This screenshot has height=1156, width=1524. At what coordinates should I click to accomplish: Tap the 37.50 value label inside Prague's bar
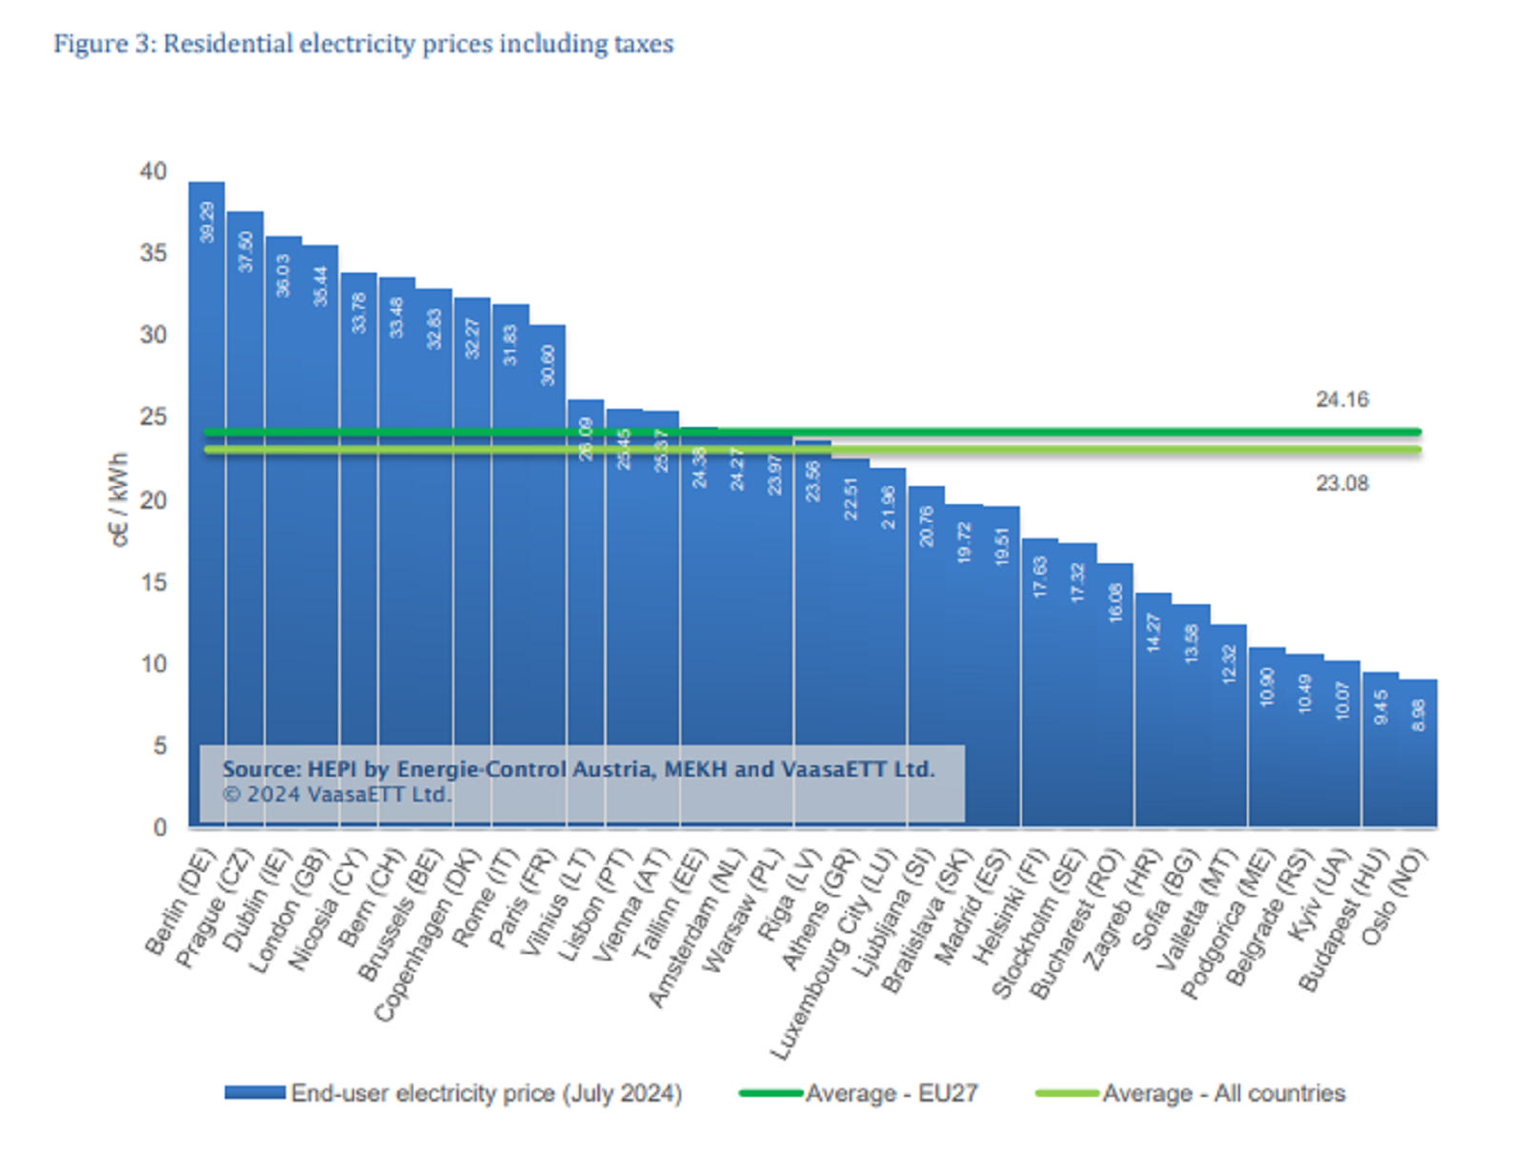247,252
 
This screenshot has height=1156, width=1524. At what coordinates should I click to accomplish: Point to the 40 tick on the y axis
153,172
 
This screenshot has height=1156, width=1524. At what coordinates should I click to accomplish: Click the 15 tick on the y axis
153,582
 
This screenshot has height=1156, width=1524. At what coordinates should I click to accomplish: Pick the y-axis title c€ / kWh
119,499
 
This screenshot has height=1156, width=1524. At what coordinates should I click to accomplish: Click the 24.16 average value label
1341,400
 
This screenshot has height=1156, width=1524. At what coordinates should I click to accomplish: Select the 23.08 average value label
1341,484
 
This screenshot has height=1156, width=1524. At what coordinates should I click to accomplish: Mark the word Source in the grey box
259,769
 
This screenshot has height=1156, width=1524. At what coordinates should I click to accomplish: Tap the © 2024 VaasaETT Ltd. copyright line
336,795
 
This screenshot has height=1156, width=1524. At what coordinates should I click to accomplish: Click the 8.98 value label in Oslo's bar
1418,715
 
